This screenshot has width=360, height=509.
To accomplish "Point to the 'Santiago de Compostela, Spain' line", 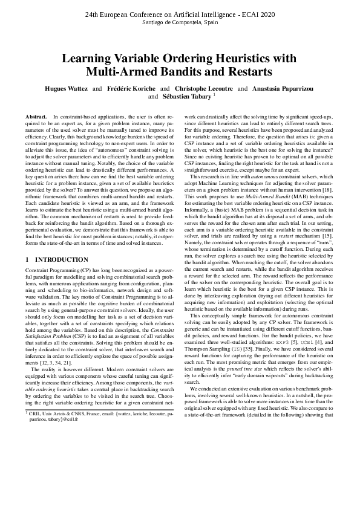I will (x=180, y=22).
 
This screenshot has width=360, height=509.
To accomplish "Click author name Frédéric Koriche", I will (x=130, y=88).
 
